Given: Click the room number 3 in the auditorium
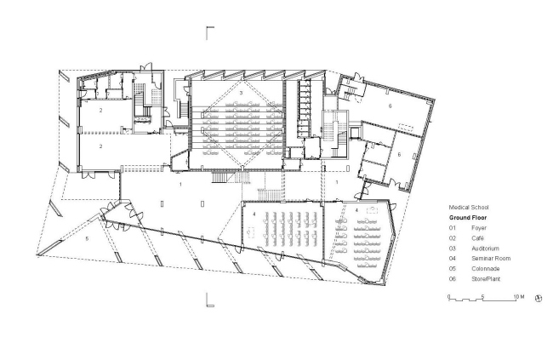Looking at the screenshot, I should (242, 91).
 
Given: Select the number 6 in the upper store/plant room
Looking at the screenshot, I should (390, 106).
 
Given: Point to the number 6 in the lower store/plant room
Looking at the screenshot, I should (398, 154).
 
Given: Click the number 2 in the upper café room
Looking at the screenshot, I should (100, 111).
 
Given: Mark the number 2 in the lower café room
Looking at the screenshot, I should (100, 146).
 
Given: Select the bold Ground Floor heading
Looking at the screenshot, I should (469, 217).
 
